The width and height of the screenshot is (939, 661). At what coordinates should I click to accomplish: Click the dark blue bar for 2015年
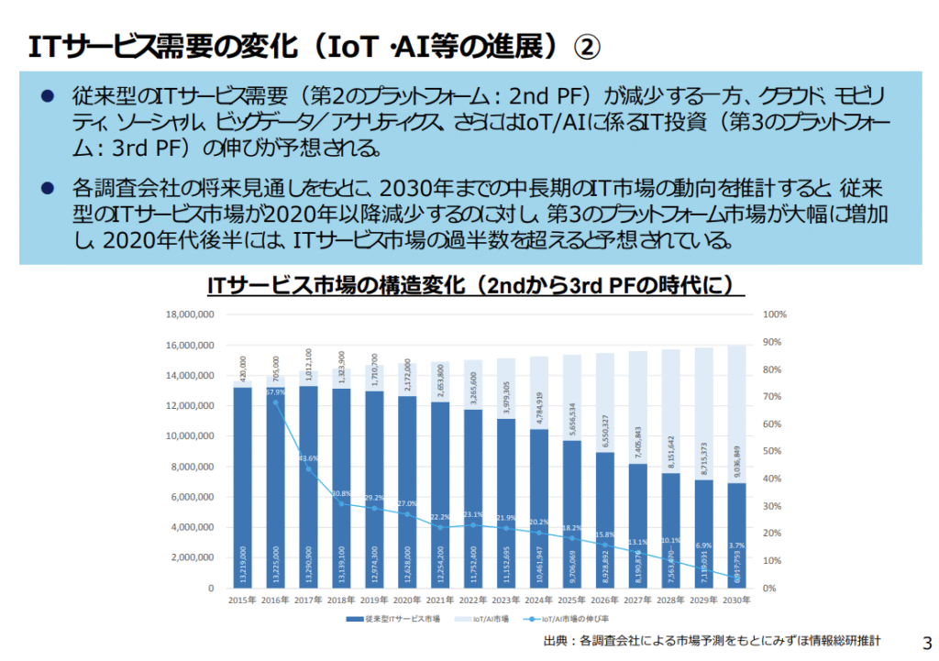coord(242,486)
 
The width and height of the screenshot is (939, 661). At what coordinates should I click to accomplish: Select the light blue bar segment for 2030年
coord(737,413)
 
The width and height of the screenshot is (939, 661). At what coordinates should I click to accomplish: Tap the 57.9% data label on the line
coord(276,392)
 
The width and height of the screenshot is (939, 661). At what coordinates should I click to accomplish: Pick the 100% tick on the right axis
coord(775,314)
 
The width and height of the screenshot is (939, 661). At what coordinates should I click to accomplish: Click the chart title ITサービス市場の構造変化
coord(476,286)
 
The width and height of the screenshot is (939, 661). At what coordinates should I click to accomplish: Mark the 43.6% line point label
coord(309,458)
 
